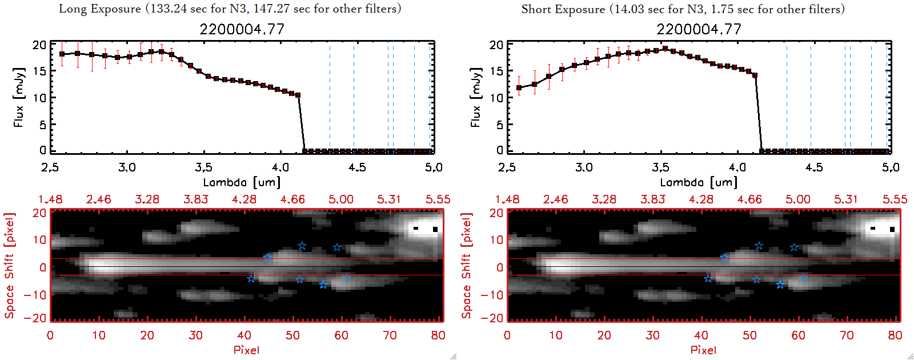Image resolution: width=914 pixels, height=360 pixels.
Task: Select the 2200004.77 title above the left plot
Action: [x=242, y=29]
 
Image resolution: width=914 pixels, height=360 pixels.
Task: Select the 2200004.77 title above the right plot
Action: [x=699, y=29]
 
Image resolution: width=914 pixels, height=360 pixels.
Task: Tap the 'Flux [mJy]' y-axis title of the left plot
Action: [x=19, y=97]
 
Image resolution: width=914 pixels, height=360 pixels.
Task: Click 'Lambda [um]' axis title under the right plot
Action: [x=699, y=182]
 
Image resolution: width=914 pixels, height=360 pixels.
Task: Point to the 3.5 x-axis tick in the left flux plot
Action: [x=203, y=167]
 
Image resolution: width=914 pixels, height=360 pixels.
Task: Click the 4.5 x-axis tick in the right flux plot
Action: [x=814, y=167]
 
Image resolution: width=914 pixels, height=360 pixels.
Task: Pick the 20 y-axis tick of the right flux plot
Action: [x=496, y=45]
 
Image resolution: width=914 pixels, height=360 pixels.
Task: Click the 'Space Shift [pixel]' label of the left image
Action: [x=10, y=266]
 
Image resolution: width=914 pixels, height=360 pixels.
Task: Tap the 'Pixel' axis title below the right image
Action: [x=703, y=350]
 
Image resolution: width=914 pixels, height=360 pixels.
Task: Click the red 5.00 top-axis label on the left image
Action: [x=340, y=199]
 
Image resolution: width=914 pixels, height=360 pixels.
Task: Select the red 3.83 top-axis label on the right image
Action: [x=652, y=199]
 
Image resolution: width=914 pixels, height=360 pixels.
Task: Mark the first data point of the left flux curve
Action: [x=62, y=54]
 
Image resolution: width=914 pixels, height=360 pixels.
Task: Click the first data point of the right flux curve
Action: [x=519, y=88]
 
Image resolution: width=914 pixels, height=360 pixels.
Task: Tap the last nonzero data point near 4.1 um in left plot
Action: [x=298, y=95]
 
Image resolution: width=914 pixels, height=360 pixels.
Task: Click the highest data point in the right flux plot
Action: [x=665, y=49]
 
